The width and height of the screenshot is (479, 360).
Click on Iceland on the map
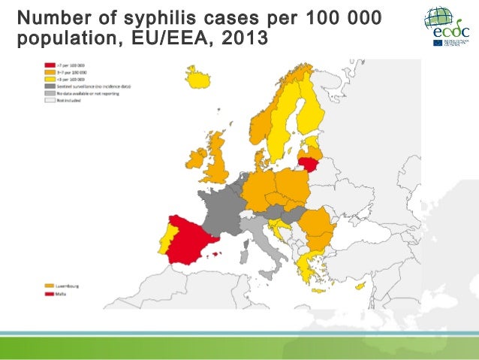(x=198, y=77)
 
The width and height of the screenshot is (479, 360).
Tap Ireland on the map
(x=197, y=157)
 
